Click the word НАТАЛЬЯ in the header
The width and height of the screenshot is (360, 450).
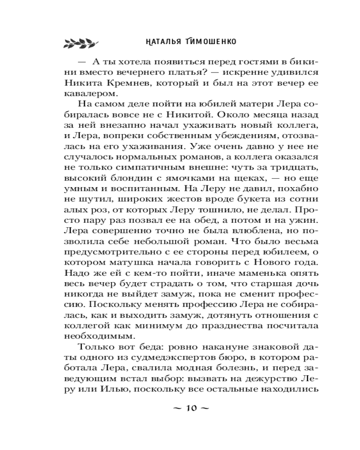pos(159,42)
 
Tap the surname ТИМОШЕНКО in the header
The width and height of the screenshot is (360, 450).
pos(212,42)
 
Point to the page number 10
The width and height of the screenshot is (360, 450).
pos(191,409)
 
